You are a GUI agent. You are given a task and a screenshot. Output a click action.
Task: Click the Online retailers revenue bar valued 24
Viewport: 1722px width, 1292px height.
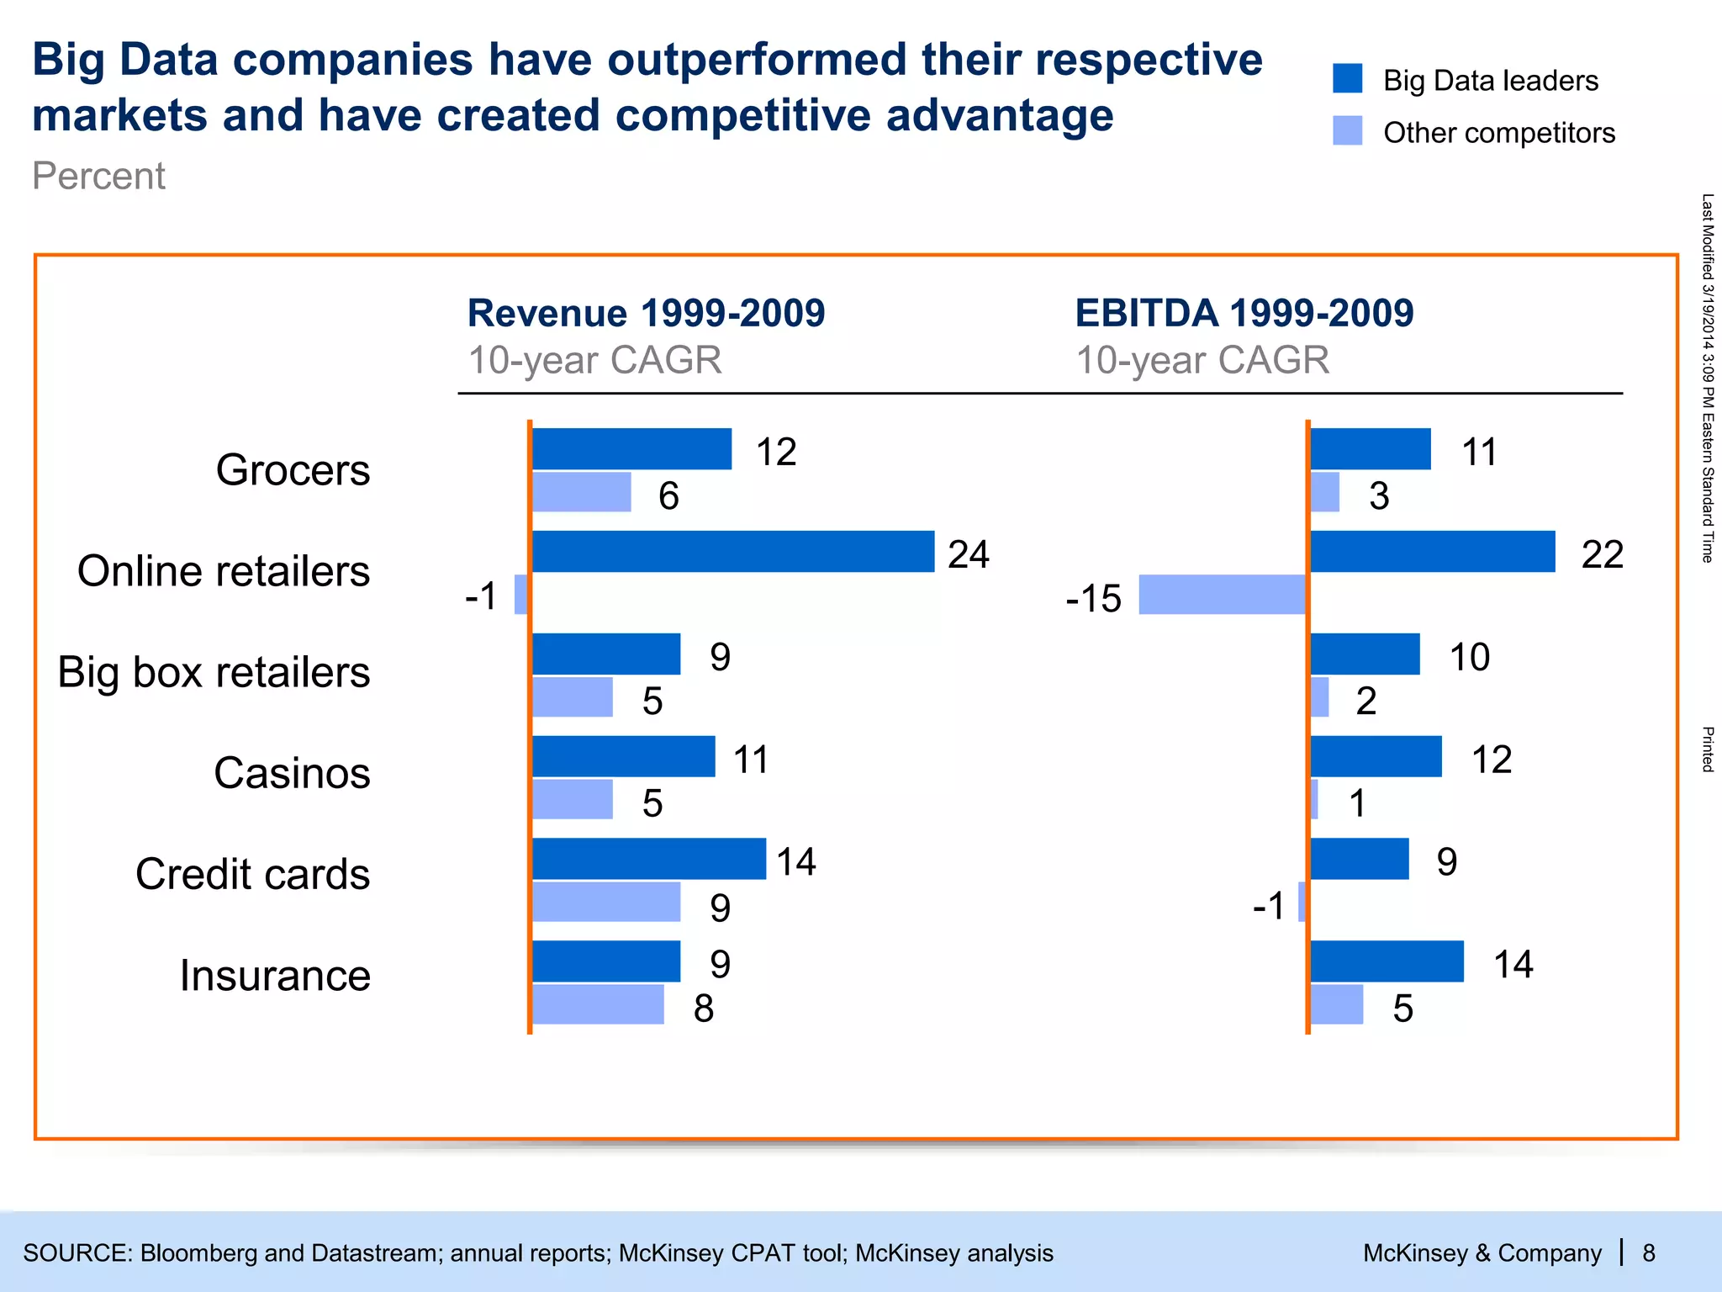(733, 551)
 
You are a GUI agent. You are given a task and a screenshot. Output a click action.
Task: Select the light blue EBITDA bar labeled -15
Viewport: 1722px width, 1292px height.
(1223, 595)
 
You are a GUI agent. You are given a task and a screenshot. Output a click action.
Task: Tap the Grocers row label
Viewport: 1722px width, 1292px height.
(293, 469)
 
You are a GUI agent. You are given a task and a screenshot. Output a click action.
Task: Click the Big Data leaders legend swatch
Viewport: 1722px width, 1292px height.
(1347, 78)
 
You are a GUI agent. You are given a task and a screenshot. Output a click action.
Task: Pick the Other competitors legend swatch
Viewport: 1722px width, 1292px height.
(1347, 130)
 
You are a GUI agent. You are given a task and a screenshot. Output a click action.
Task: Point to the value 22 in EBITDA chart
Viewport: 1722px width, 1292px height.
(1602, 554)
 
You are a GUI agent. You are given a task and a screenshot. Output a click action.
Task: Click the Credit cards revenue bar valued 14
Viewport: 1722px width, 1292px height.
(649, 859)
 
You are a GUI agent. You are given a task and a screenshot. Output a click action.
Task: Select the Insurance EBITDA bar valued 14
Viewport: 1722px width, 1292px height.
(1387, 961)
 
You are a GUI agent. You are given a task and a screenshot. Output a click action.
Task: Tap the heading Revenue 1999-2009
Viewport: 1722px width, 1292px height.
(646, 313)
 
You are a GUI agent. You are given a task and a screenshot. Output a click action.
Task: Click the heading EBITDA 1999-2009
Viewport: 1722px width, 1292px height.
(1244, 313)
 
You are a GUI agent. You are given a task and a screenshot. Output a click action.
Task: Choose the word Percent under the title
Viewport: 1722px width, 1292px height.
(98, 176)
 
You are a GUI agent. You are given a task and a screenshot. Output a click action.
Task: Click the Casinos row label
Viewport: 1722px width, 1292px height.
(292, 772)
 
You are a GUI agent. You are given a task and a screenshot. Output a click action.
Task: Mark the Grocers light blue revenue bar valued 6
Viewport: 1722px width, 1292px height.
(582, 492)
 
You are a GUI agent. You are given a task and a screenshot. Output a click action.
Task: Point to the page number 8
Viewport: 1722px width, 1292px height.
(1648, 1253)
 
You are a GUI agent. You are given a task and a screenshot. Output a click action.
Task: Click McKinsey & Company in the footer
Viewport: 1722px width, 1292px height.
(1482, 1253)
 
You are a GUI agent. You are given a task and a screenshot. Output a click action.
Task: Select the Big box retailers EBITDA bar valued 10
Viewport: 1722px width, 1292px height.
(1365, 654)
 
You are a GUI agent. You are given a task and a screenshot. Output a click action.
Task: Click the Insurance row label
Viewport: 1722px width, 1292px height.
(275, 976)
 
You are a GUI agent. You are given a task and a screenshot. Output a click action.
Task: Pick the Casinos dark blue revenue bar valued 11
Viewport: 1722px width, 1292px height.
(624, 756)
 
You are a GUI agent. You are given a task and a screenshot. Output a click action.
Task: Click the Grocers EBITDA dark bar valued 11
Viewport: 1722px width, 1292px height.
(1371, 449)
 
